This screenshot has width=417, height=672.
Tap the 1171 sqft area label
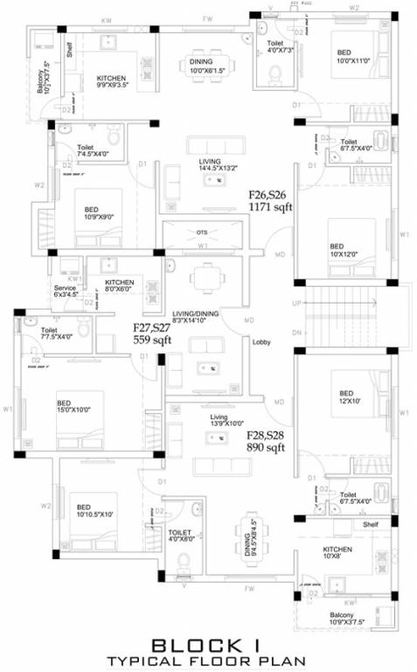tap(270, 202)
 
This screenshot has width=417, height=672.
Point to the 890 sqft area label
tap(267, 441)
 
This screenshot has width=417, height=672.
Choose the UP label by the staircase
tap(297, 303)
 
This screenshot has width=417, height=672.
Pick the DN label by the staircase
tap(297, 333)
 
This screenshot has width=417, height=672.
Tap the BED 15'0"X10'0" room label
tap(69, 407)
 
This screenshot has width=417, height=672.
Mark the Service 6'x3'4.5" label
tap(66, 291)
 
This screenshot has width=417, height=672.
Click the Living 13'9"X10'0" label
tap(219, 420)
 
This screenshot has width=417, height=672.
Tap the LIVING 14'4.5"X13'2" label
tap(210, 165)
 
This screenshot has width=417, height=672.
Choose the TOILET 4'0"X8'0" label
tap(181, 536)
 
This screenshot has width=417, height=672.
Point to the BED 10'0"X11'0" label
tap(353, 58)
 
